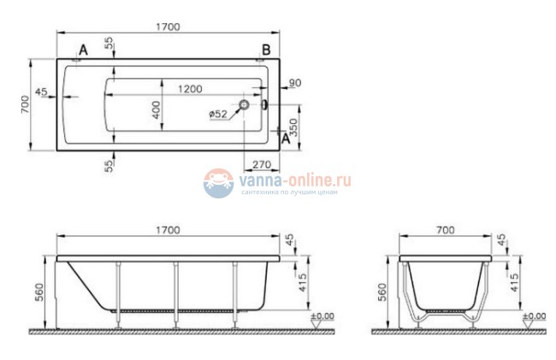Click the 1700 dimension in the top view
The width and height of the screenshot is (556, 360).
tap(168, 27)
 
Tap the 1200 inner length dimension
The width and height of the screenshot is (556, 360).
tap(190, 89)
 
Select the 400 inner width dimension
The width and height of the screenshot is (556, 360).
tap(157, 109)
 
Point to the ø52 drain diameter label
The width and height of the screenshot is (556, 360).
tap(218, 114)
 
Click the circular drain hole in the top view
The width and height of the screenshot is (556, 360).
tap(244, 104)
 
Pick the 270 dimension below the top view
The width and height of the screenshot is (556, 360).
tap(262, 165)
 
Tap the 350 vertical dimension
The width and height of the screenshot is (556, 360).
tap(294, 127)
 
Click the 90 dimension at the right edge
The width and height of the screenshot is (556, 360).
tap(295, 83)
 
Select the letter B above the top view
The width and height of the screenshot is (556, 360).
tap(266, 50)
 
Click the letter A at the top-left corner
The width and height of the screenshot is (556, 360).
tap(83, 50)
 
